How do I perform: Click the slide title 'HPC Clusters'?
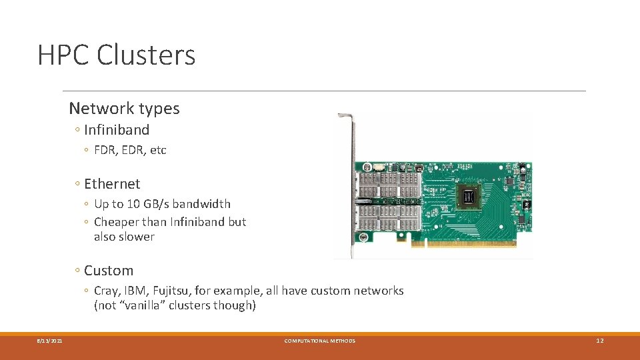(x=117, y=55)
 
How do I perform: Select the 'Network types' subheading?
(x=124, y=108)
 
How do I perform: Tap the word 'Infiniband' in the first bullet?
(x=117, y=130)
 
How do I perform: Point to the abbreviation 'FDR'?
(x=105, y=150)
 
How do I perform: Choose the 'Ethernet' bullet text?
(x=112, y=184)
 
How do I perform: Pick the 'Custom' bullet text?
(x=109, y=271)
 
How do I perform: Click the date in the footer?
(x=50, y=341)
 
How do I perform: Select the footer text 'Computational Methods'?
(x=320, y=341)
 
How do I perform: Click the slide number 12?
(x=599, y=341)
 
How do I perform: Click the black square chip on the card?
(x=470, y=195)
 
